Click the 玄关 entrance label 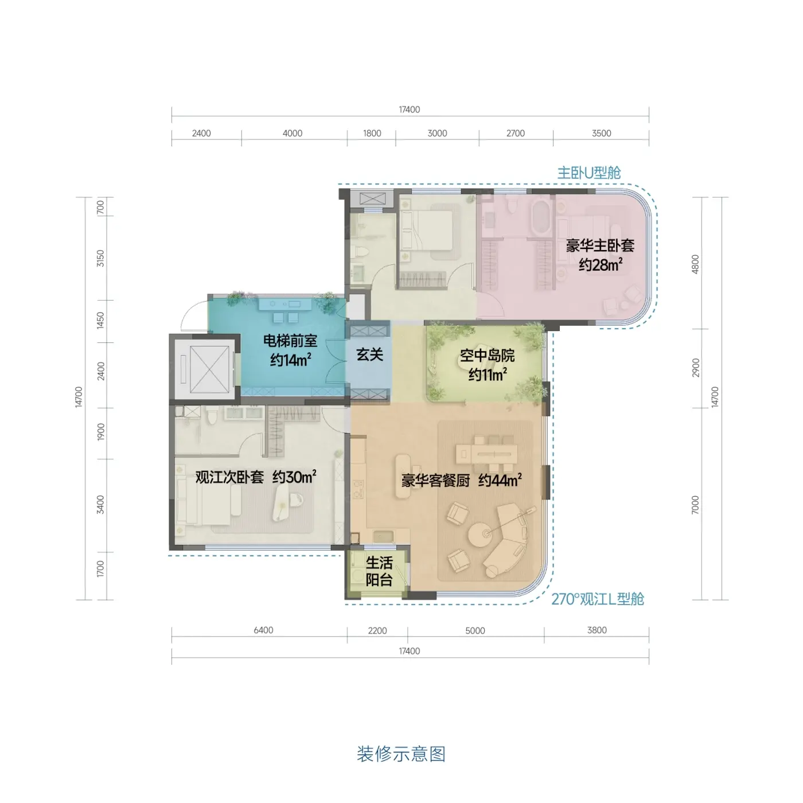coord(369,354)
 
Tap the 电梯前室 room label coord(290,341)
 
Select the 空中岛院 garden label coord(487,356)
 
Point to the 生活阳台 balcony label coord(379,572)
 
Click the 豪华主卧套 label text coord(600,245)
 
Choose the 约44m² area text coord(500,481)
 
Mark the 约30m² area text coord(294,477)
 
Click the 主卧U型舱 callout coord(589,173)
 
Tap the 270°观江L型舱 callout coord(598,599)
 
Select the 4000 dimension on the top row coord(293,133)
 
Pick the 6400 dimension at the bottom coord(263,630)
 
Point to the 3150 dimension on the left coord(100,258)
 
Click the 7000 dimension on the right coord(695,505)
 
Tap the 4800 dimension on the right coord(695,264)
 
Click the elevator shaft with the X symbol coord(205,369)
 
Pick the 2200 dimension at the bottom coord(377,630)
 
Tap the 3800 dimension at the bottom coord(597,630)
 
